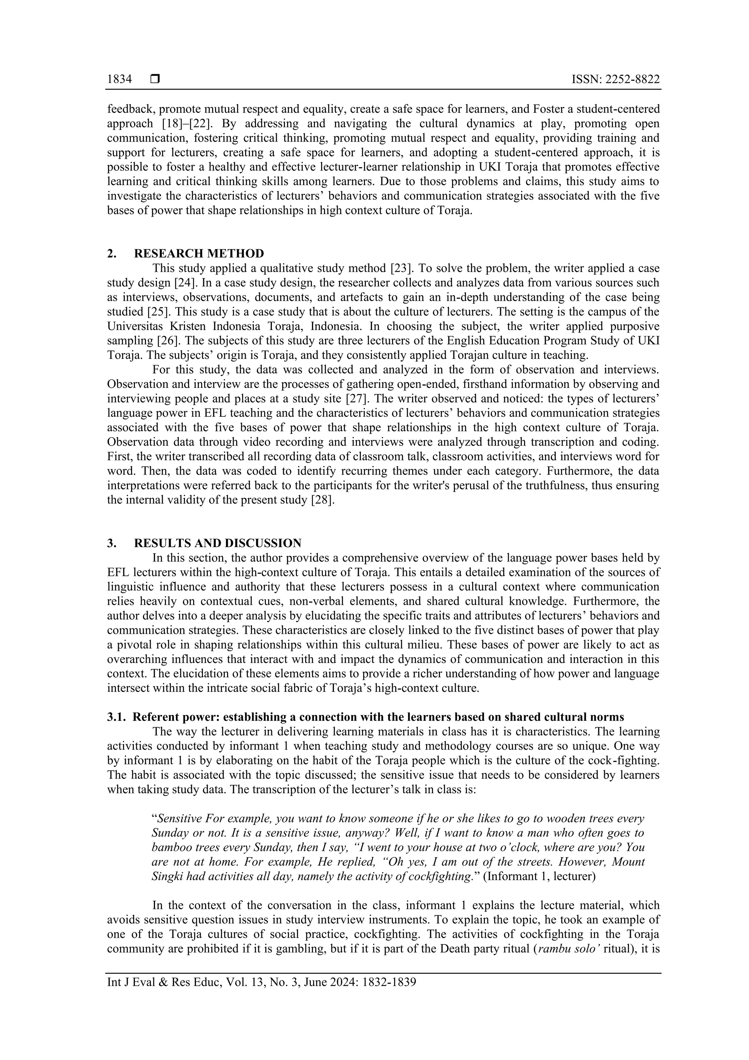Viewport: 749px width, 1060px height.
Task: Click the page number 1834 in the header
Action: coord(119,79)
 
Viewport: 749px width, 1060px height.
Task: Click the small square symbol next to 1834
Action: coord(155,79)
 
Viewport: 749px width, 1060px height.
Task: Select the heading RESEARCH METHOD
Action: coord(199,254)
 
